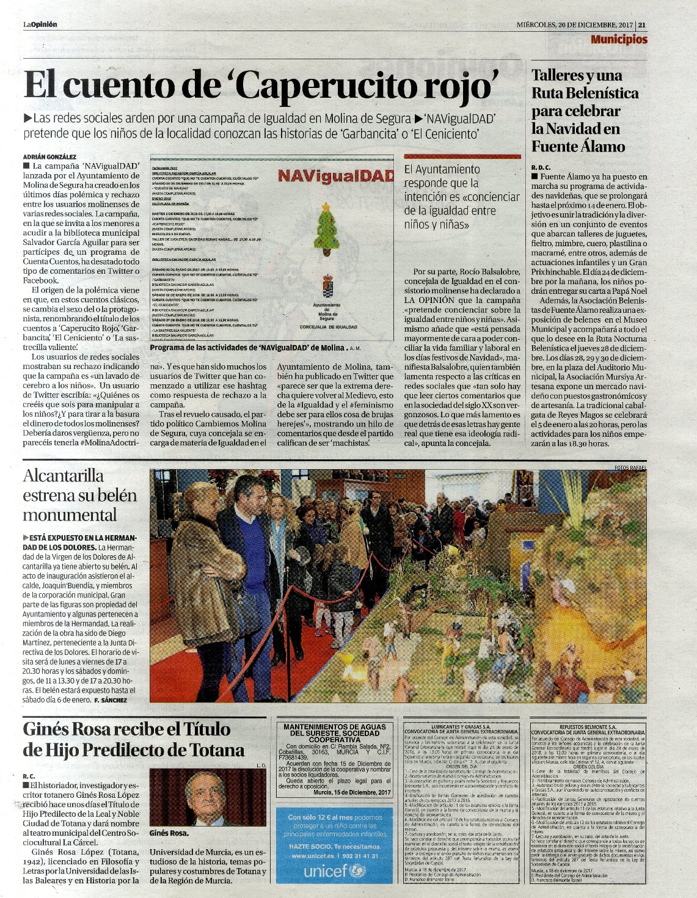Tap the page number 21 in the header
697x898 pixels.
pyautogui.click(x=642, y=25)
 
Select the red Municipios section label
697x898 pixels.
pyautogui.click(x=619, y=40)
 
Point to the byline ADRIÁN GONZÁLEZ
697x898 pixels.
pyautogui.click(x=50, y=157)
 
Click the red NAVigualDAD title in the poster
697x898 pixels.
pyautogui.click(x=335, y=176)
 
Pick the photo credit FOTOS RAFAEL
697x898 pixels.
pyautogui.click(x=630, y=468)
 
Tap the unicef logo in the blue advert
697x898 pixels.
pyautogui.click(x=334, y=871)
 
